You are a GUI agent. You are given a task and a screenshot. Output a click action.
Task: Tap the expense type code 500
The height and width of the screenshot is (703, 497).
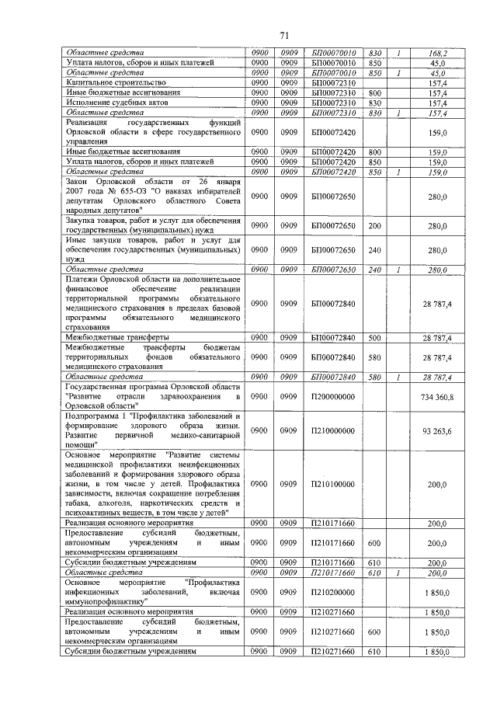pos(374,338)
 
